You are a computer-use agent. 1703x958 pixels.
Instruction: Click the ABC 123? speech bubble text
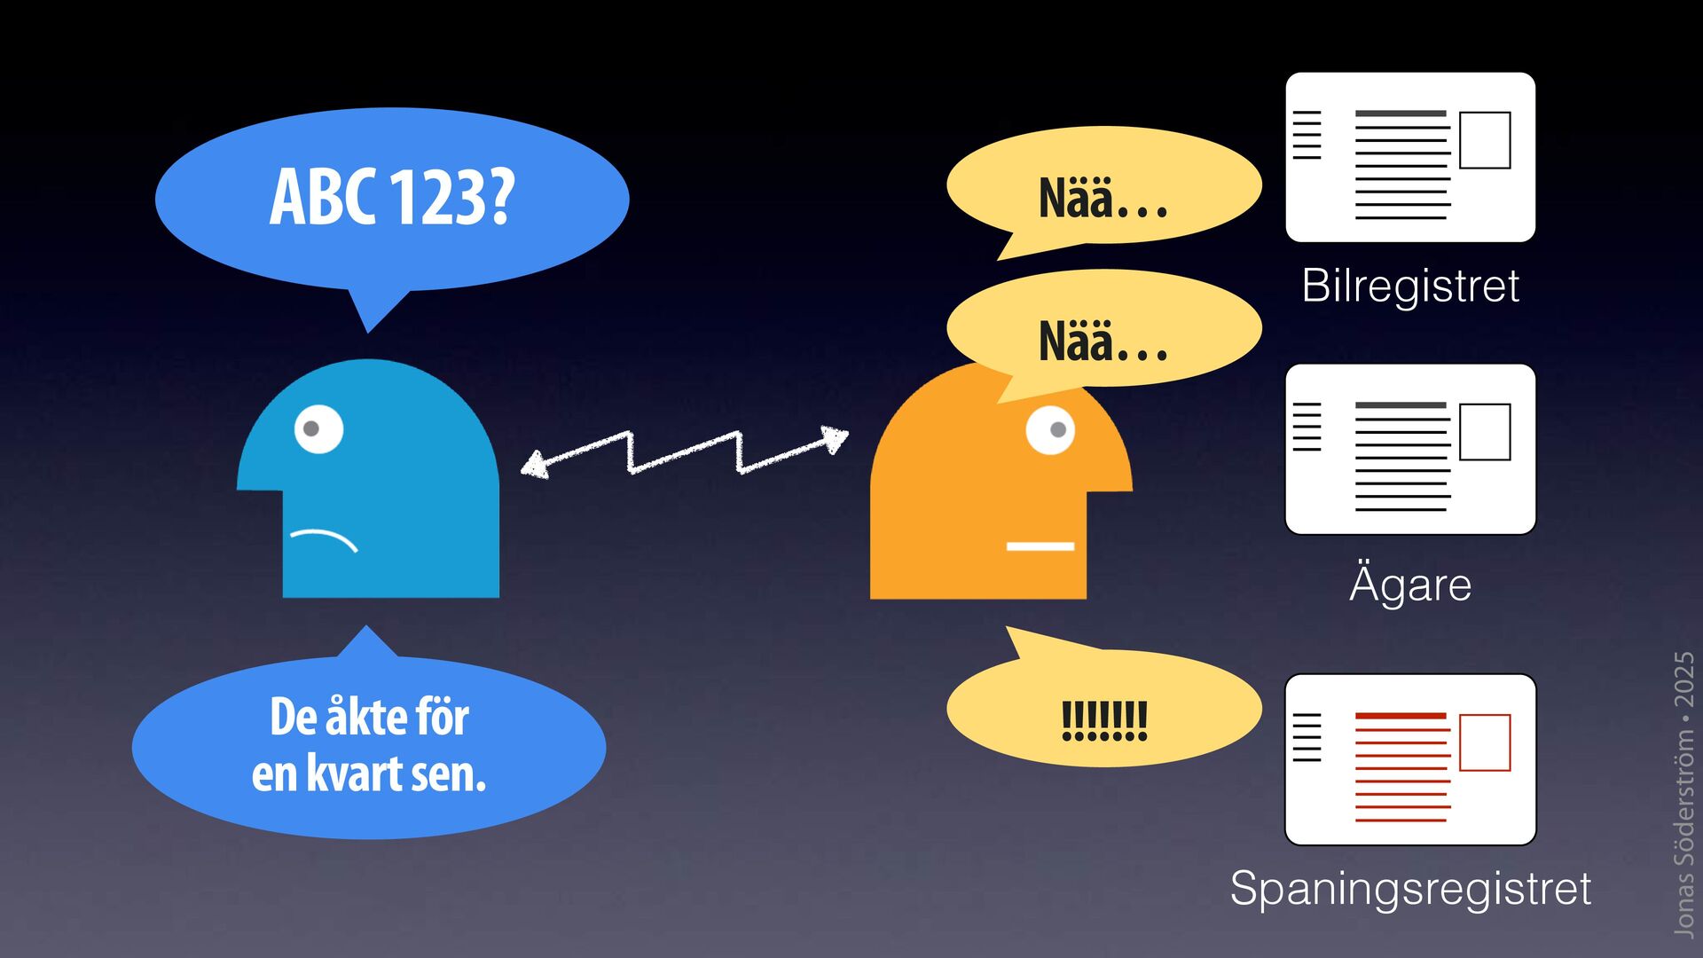click(x=392, y=197)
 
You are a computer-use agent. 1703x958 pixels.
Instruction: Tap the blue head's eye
click(x=318, y=428)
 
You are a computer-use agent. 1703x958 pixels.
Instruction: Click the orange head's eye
click(x=1050, y=430)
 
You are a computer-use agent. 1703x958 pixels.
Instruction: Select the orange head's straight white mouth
click(x=1040, y=546)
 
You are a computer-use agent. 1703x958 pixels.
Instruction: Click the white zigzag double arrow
click(x=684, y=452)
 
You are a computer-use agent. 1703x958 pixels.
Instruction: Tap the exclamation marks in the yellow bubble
click(x=1104, y=720)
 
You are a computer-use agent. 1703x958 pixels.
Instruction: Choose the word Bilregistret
click(x=1410, y=286)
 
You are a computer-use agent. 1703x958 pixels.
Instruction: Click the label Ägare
click(x=1410, y=584)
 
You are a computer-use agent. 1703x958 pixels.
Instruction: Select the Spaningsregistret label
click(x=1410, y=888)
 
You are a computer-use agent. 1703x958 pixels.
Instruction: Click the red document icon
click(x=1410, y=759)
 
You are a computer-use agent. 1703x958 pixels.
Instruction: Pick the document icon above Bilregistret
click(x=1410, y=157)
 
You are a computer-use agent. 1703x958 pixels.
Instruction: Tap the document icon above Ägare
click(x=1410, y=449)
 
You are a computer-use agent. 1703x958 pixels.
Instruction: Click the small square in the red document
click(x=1485, y=742)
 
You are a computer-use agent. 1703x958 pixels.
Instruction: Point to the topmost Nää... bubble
click(x=1103, y=186)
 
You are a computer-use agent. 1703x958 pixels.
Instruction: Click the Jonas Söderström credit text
click(x=1683, y=794)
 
